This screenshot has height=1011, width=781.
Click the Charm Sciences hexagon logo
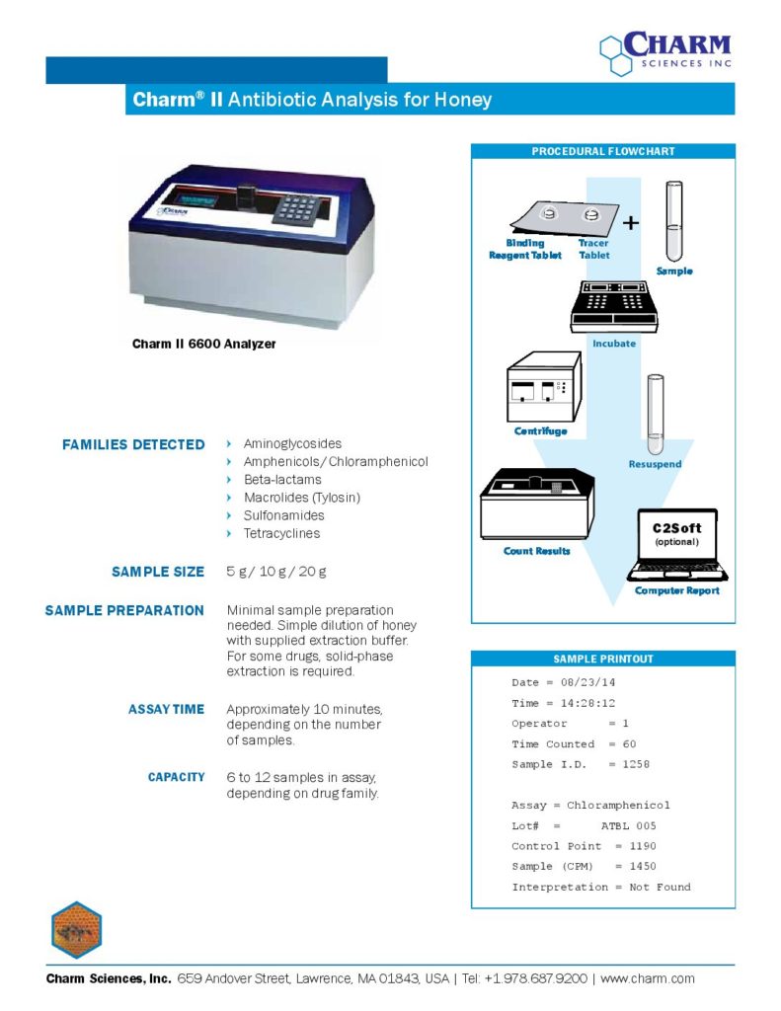pos(616,55)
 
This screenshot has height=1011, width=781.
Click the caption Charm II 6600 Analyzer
pos(204,345)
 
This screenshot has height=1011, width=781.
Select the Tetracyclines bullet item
pos(281,533)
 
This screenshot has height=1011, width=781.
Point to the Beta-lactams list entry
pos(282,480)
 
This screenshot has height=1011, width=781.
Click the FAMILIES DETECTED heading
pos(133,444)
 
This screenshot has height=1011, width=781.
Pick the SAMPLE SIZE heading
pos(158,572)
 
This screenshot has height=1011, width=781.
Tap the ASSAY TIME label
pos(166,709)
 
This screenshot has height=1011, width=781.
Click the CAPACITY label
pos(177,777)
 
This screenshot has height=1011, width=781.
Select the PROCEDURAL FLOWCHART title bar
pos(603,151)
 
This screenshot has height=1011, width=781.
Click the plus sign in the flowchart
pos(631,223)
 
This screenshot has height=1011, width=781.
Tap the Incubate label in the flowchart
pos(613,344)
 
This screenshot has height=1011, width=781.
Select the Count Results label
pos(536,551)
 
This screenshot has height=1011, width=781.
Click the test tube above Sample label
pos(674,219)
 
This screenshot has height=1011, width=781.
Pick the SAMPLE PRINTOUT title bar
pos(602,659)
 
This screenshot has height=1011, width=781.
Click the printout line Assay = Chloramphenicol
pos(590,806)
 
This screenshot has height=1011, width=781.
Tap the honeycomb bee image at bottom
pos(76,929)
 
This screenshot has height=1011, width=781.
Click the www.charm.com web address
pos(648,978)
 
